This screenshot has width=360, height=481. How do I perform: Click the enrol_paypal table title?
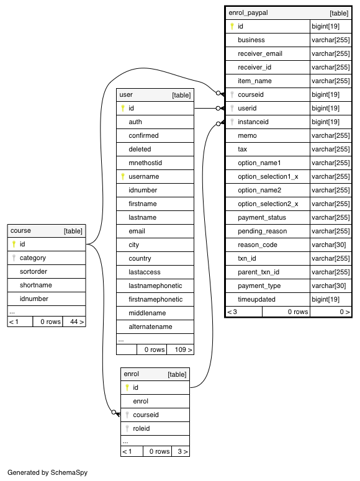(248, 13)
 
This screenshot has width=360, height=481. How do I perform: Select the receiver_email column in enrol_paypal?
(260, 53)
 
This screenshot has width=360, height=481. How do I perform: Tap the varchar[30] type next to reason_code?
(329, 245)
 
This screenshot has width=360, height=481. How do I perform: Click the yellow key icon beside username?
(123, 176)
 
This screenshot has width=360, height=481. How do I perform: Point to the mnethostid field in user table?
(145, 163)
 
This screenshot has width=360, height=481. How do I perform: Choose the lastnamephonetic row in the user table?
(155, 286)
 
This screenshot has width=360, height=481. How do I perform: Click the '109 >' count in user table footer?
(184, 349)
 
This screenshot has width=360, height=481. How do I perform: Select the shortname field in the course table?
(36, 285)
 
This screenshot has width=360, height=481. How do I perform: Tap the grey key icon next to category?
(14, 258)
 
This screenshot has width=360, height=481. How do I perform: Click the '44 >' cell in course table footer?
(77, 321)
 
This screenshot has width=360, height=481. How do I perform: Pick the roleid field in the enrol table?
(141, 428)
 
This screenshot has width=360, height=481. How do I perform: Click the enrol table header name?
(132, 374)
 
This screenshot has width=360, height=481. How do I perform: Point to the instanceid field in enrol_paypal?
(253, 122)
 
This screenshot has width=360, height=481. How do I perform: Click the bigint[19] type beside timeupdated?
(326, 299)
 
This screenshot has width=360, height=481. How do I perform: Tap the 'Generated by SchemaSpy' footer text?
(48, 472)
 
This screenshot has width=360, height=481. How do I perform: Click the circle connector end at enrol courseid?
(114, 412)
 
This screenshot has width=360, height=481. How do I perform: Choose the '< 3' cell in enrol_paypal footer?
(232, 312)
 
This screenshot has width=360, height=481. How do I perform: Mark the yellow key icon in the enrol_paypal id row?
(232, 27)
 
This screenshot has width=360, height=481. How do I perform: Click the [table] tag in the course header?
(73, 231)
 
